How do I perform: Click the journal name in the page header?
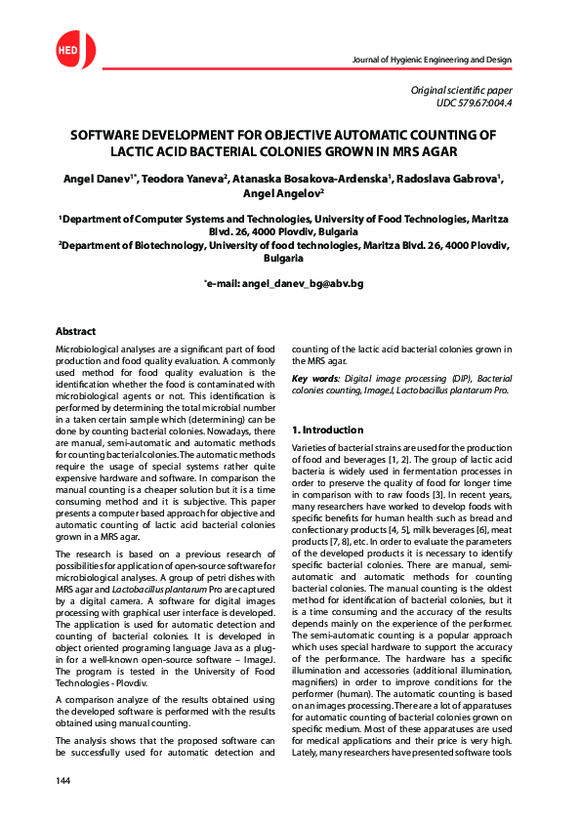(x=431, y=61)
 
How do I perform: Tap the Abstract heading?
(x=76, y=332)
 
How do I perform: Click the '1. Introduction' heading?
(x=328, y=430)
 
